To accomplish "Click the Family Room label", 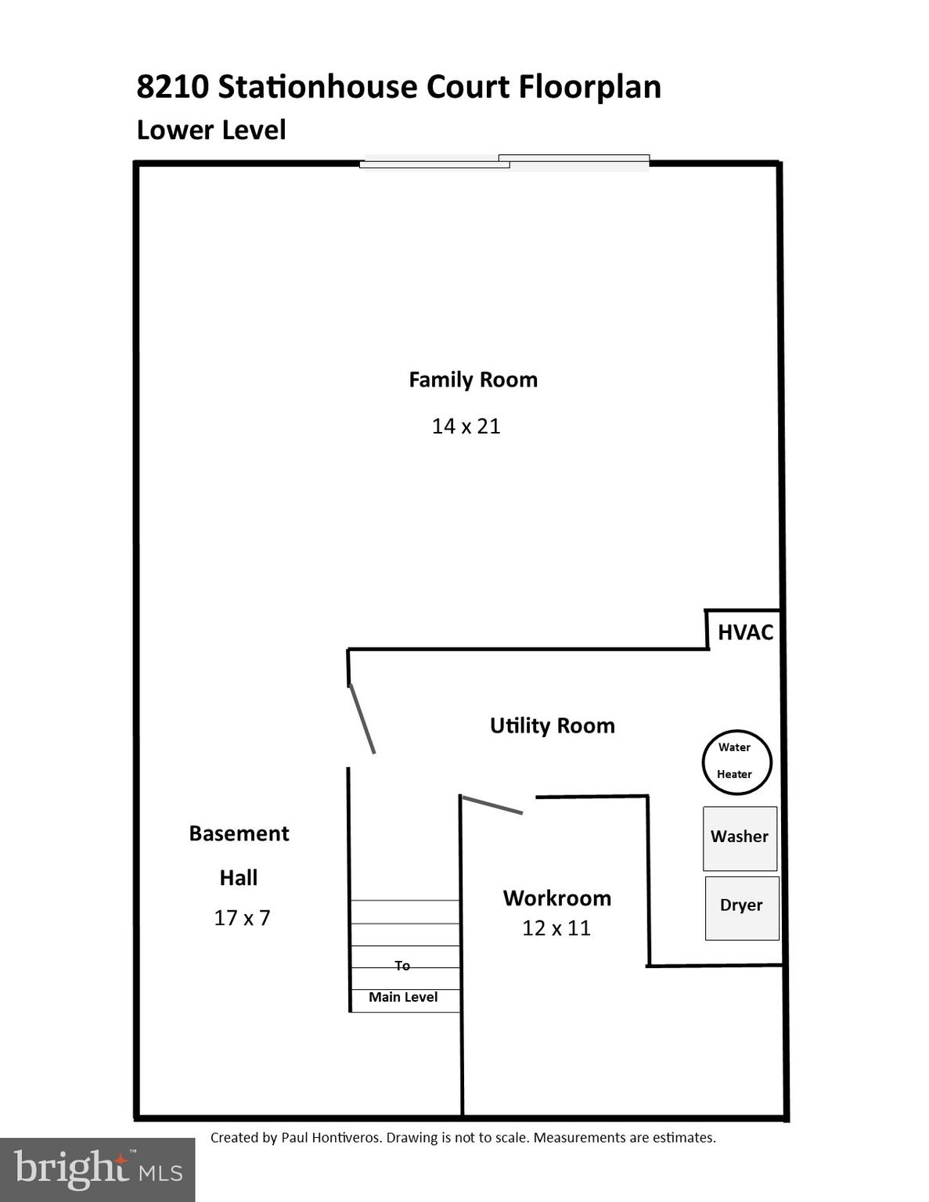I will click(x=473, y=380).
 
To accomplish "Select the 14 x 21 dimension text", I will click(x=466, y=426).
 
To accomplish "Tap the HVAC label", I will click(x=745, y=632).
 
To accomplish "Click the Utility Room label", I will click(x=552, y=725).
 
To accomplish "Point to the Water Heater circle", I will click(x=736, y=761).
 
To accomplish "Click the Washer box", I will click(x=740, y=838).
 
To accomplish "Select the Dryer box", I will click(x=741, y=907).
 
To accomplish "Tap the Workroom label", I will click(x=556, y=898).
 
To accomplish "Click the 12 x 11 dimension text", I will click(x=556, y=928).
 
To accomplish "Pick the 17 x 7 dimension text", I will click(x=242, y=918).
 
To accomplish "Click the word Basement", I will click(x=239, y=833).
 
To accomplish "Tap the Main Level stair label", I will click(x=403, y=997).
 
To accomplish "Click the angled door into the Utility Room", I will click(x=362, y=718).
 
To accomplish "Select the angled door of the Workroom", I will click(x=492, y=805).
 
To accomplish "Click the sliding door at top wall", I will click(x=504, y=162).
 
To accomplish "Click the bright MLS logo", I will click(x=97, y=1170).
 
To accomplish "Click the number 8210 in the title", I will click(x=172, y=86).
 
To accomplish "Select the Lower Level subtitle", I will click(x=211, y=130).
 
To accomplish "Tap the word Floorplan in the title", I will click(x=590, y=86).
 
